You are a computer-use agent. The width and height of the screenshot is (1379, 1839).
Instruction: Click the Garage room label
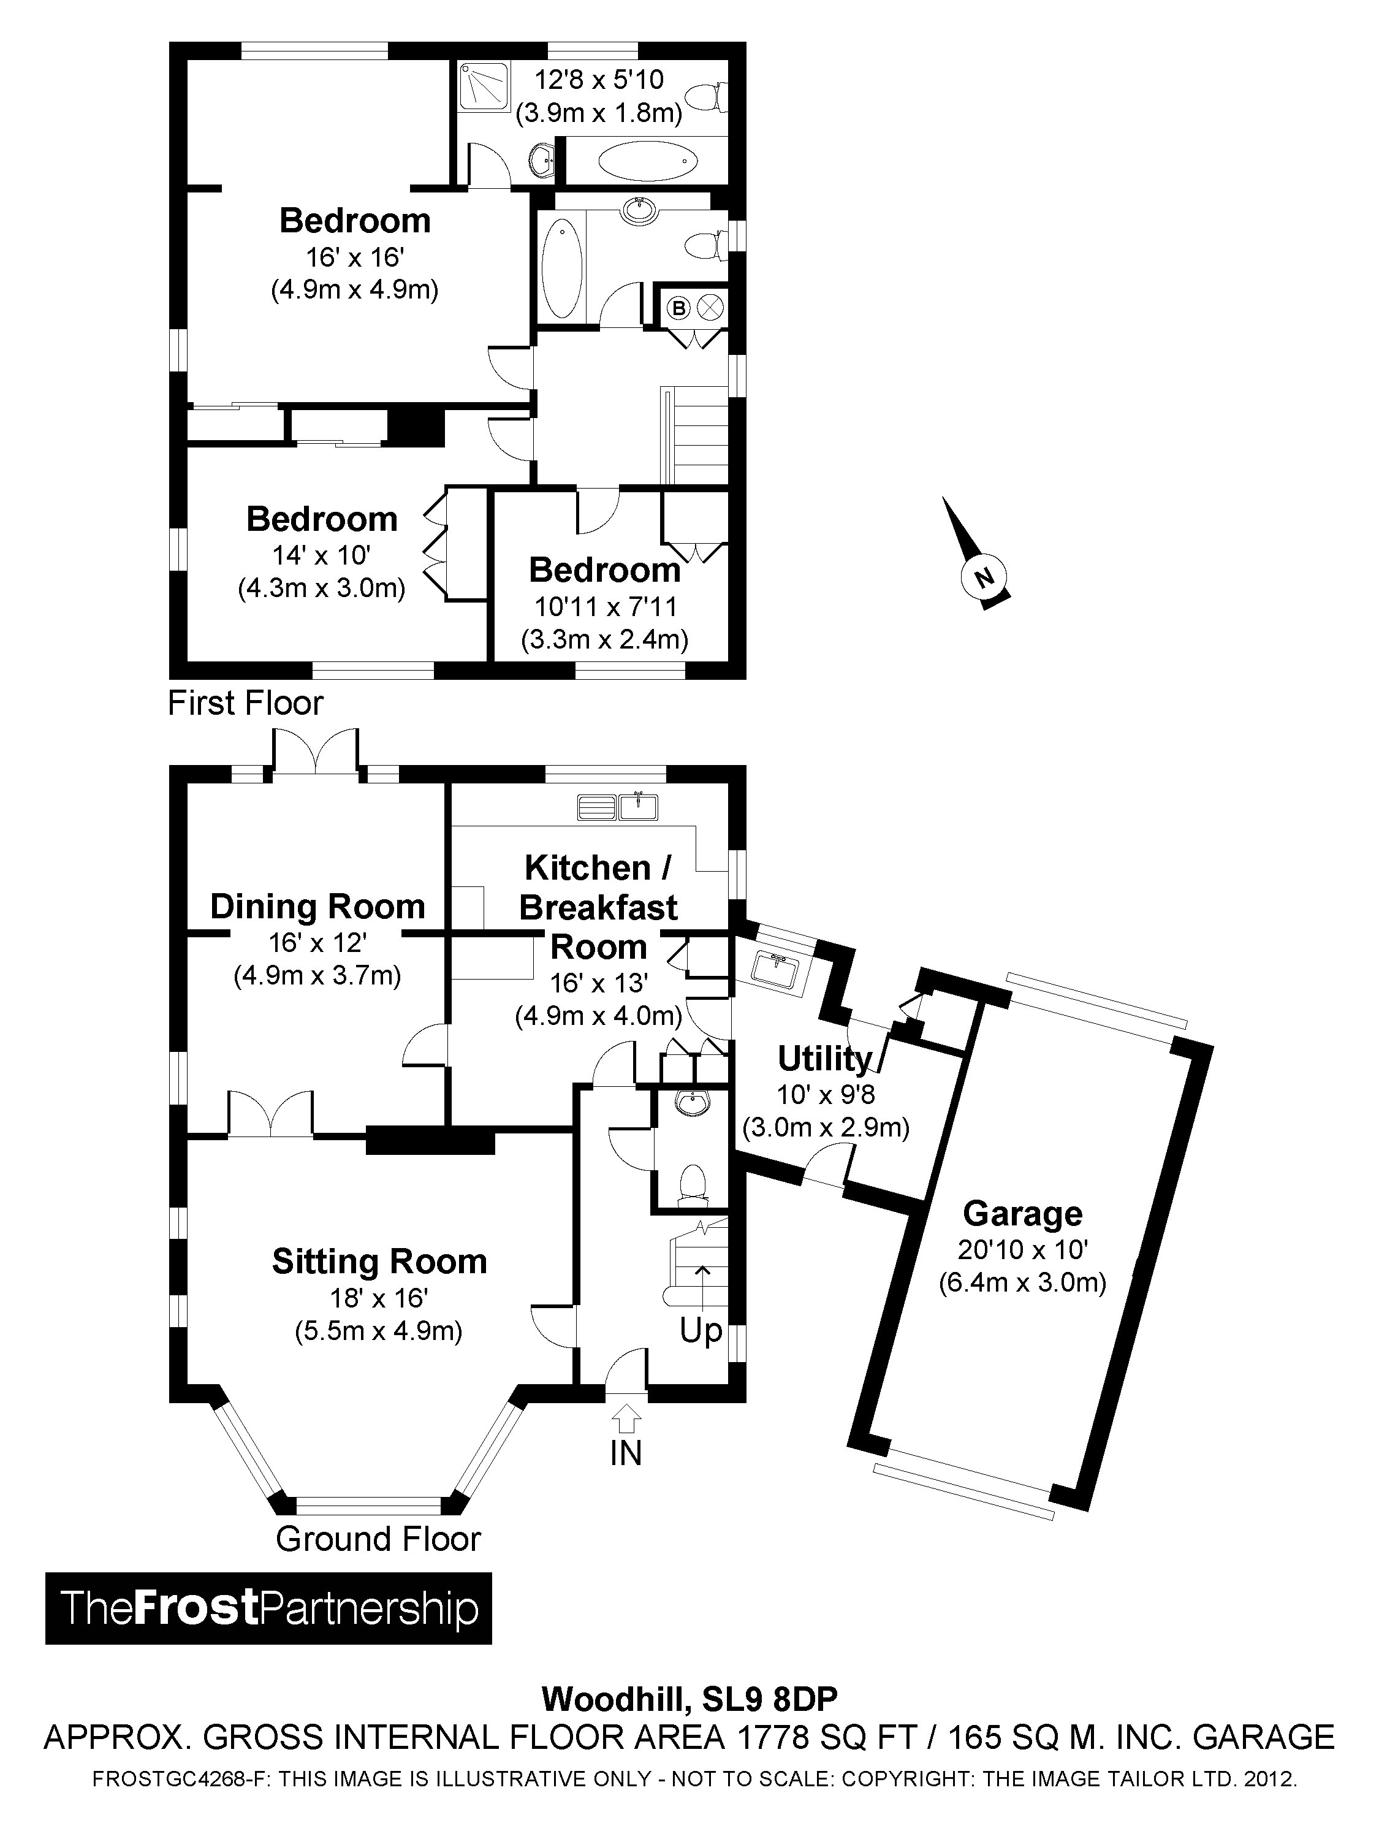pos(1022,1214)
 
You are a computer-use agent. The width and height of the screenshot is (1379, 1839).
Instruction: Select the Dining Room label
pos(317,906)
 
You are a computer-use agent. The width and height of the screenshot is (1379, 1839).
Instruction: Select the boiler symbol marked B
pos(679,308)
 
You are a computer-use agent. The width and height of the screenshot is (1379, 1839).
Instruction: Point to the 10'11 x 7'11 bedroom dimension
pos(605,607)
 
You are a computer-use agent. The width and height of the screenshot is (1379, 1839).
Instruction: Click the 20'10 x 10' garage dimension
pos(1022,1249)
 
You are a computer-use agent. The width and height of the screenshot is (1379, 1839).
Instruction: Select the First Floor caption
pos(245,703)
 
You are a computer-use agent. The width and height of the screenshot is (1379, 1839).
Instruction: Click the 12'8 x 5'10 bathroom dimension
pos(599,80)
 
